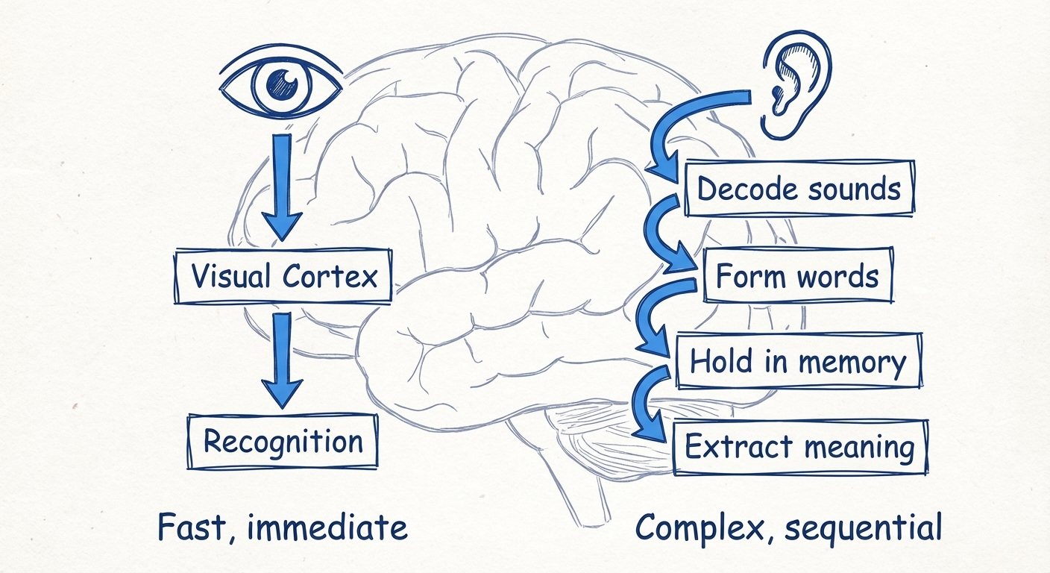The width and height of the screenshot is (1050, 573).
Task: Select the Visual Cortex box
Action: (283, 278)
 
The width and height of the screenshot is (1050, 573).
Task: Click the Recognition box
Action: (283, 442)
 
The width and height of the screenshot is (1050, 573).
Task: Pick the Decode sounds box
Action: (799, 188)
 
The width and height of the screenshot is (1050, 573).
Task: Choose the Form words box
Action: (797, 277)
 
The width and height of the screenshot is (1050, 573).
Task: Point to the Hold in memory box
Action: (797, 362)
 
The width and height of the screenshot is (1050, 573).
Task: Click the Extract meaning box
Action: (799, 448)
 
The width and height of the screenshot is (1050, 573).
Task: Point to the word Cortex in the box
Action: (330, 277)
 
